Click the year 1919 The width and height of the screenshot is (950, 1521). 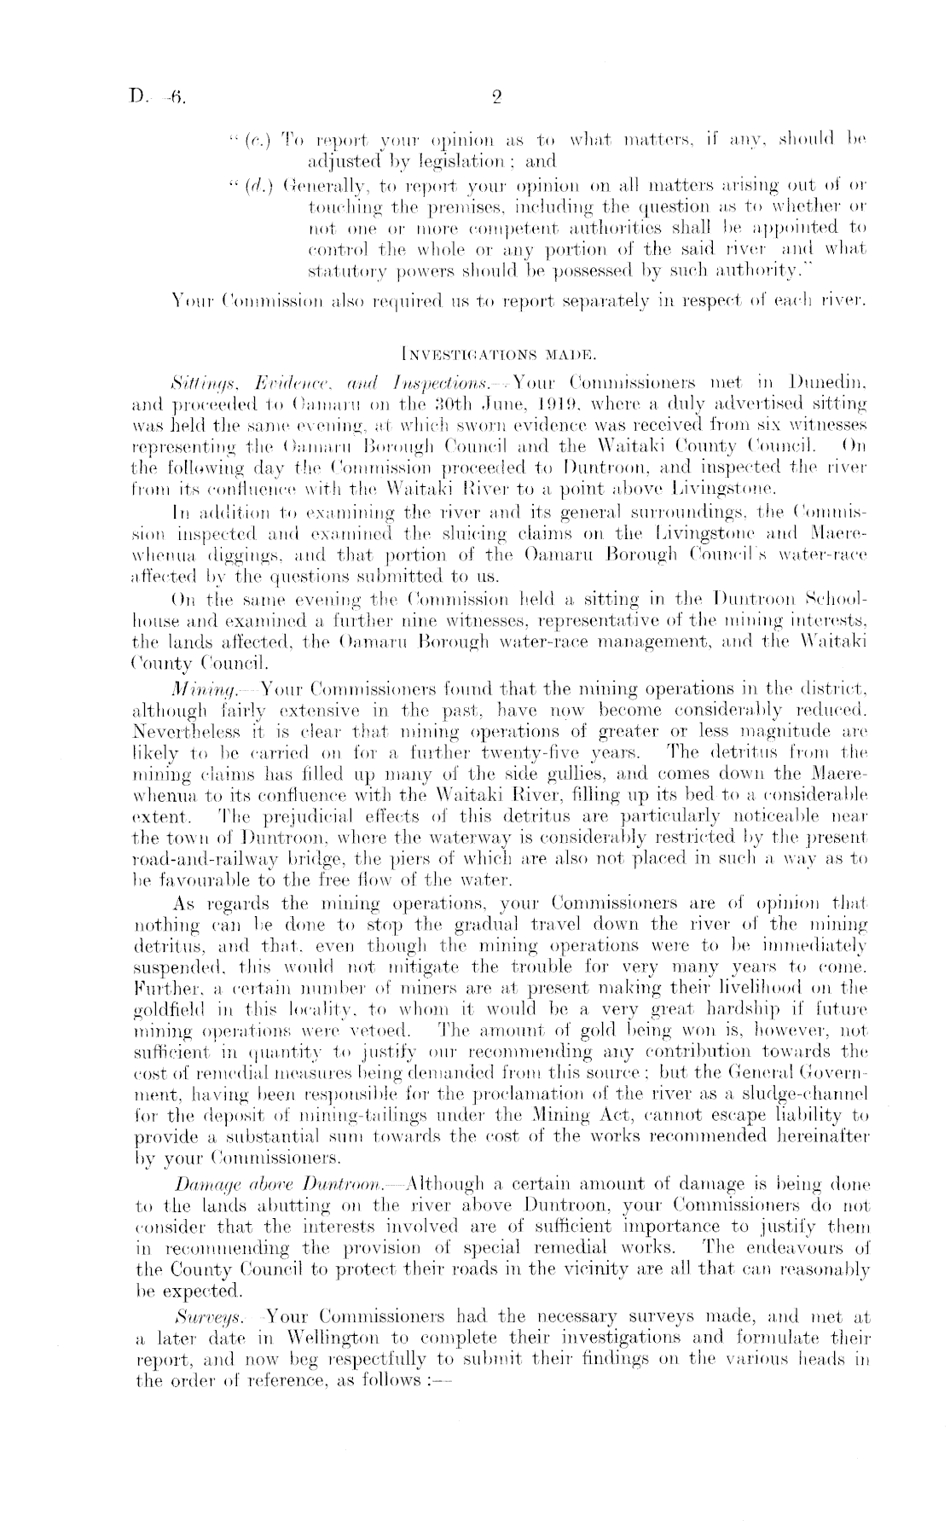click(512, 401)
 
